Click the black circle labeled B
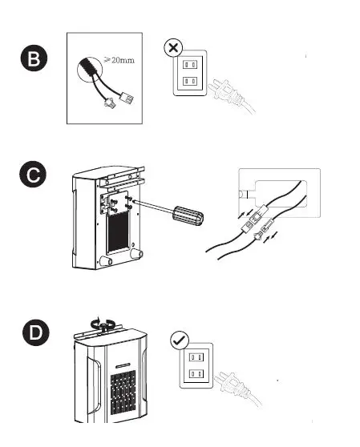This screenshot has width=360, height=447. [x=34, y=58]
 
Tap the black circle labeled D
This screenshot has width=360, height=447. [x=34, y=333]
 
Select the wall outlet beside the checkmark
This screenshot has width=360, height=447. [x=196, y=364]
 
